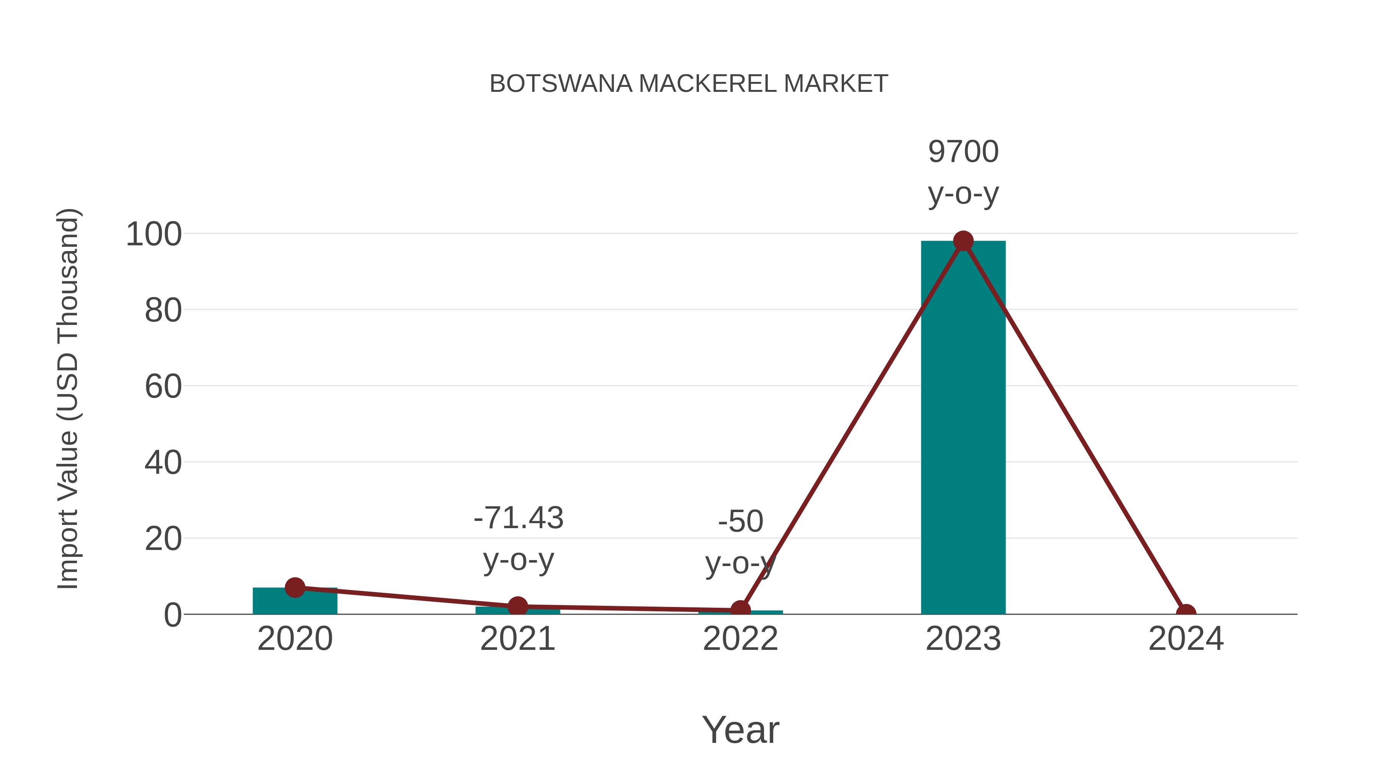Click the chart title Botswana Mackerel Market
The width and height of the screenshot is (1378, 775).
(689, 84)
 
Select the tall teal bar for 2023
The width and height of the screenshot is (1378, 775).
(963, 428)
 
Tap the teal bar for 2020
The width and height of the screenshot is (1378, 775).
(295, 602)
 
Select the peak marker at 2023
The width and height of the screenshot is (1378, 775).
(963, 241)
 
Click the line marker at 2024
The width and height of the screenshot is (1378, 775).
(1186, 613)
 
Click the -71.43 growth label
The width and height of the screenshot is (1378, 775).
(518, 518)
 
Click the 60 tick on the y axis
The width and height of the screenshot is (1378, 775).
(163, 387)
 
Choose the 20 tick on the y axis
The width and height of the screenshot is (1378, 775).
(163, 539)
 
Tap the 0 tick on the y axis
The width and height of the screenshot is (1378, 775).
(173, 615)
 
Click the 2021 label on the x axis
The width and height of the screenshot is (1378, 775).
(517, 639)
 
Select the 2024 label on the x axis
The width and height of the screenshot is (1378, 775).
(1186, 639)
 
